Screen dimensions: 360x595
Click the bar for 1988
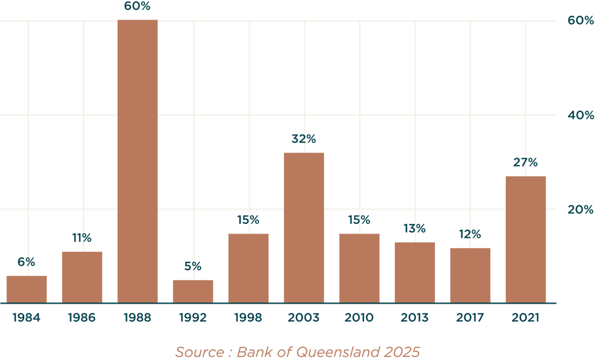pos(137,161)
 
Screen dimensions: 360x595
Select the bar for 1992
pos(193,291)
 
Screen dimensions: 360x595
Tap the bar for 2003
pos(304,228)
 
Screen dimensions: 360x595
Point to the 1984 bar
pos(27,289)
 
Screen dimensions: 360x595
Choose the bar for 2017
pos(470,275)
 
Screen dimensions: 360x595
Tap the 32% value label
pos(304,139)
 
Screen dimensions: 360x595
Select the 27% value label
pos(525,163)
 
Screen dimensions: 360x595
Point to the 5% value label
pos(193,266)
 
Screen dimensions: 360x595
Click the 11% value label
pos(82,238)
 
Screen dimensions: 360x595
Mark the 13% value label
pos(415,228)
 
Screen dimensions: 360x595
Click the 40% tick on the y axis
pos(580,115)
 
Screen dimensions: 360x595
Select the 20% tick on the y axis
pos(580,209)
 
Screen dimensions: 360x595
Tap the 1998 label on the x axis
pos(248,318)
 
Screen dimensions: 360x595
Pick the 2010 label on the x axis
pos(359,318)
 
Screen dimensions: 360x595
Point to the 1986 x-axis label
pos(82,318)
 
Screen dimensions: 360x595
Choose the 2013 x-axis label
pos(415,318)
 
